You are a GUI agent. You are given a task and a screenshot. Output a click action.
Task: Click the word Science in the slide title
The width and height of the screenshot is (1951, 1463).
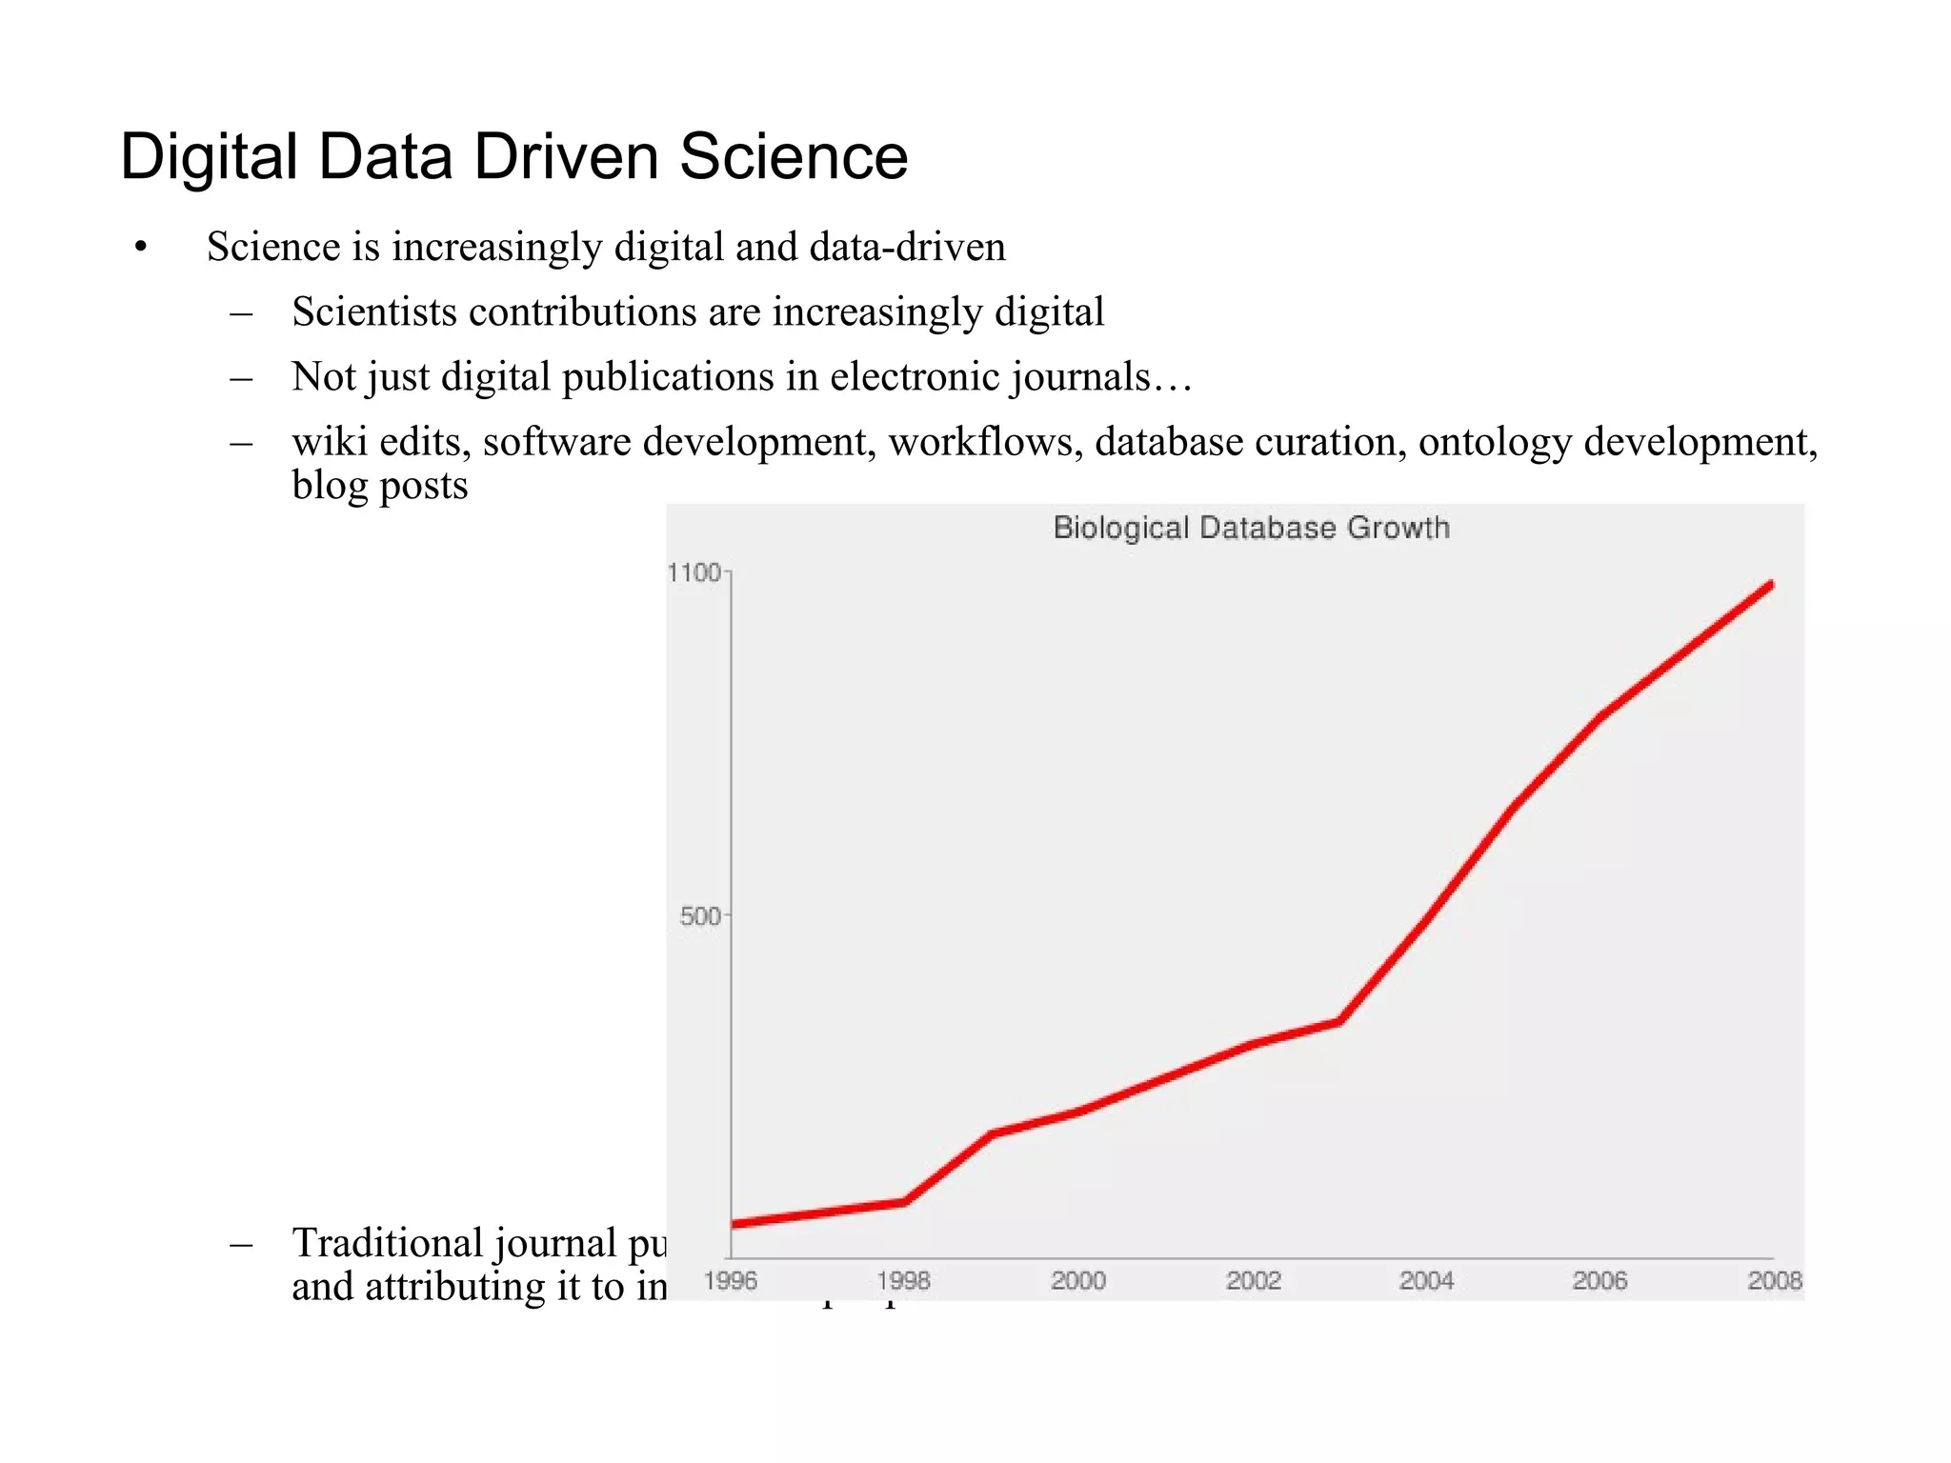click(793, 157)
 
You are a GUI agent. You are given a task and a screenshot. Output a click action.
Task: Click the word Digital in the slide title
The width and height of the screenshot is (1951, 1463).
click(209, 157)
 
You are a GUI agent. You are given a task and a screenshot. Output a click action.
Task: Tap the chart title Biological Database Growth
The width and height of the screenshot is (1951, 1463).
click(1251, 528)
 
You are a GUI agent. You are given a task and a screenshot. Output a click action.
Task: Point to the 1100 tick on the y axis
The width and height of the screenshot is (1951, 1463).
click(694, 572)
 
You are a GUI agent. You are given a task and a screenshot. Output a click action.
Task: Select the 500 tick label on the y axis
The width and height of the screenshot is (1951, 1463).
click(700, 916)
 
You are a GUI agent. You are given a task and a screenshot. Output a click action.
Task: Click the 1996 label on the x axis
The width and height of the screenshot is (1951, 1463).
click(730, 1281)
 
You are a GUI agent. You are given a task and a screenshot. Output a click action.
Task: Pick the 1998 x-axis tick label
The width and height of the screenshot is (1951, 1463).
click(903, 1281)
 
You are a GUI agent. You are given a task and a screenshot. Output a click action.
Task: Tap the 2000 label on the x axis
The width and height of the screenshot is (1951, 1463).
click(1077, 1281)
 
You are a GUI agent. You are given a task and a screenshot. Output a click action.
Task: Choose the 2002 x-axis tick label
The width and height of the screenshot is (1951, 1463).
click(1253, 1281)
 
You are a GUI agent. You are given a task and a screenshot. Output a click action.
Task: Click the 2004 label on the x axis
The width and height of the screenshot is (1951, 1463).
click(1426, 1281)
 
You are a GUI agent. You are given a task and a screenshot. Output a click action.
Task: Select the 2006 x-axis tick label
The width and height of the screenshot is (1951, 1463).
click(1599, 1281)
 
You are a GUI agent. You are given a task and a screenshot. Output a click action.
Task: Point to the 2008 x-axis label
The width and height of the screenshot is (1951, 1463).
click(1774, 1281)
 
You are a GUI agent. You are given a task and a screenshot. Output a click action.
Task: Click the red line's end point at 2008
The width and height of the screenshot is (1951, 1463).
click(1771, 584)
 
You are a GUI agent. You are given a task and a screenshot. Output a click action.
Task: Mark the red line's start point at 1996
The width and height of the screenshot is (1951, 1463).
click(733, 1224)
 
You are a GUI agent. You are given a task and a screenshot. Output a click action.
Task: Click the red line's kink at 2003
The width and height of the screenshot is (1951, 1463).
click(1339, 1022)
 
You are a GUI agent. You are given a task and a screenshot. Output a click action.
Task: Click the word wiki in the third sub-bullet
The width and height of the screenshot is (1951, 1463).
click(330, 442)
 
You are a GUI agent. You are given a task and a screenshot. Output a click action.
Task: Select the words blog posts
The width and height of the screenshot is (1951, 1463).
click(379, 486)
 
